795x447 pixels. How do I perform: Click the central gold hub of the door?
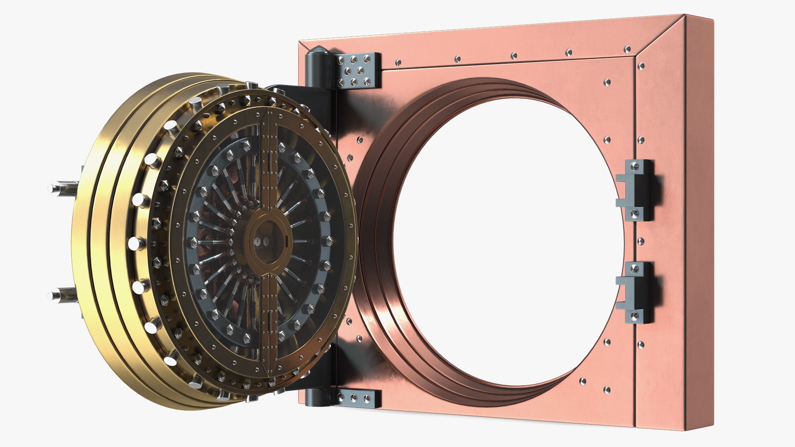tap(268, 242)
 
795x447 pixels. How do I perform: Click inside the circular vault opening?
tap(505, 240)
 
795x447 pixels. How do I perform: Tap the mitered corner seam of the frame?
tap(658, 37)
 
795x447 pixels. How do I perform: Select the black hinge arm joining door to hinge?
tap(290, 93)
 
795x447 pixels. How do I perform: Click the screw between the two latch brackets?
tap(641, 241)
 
